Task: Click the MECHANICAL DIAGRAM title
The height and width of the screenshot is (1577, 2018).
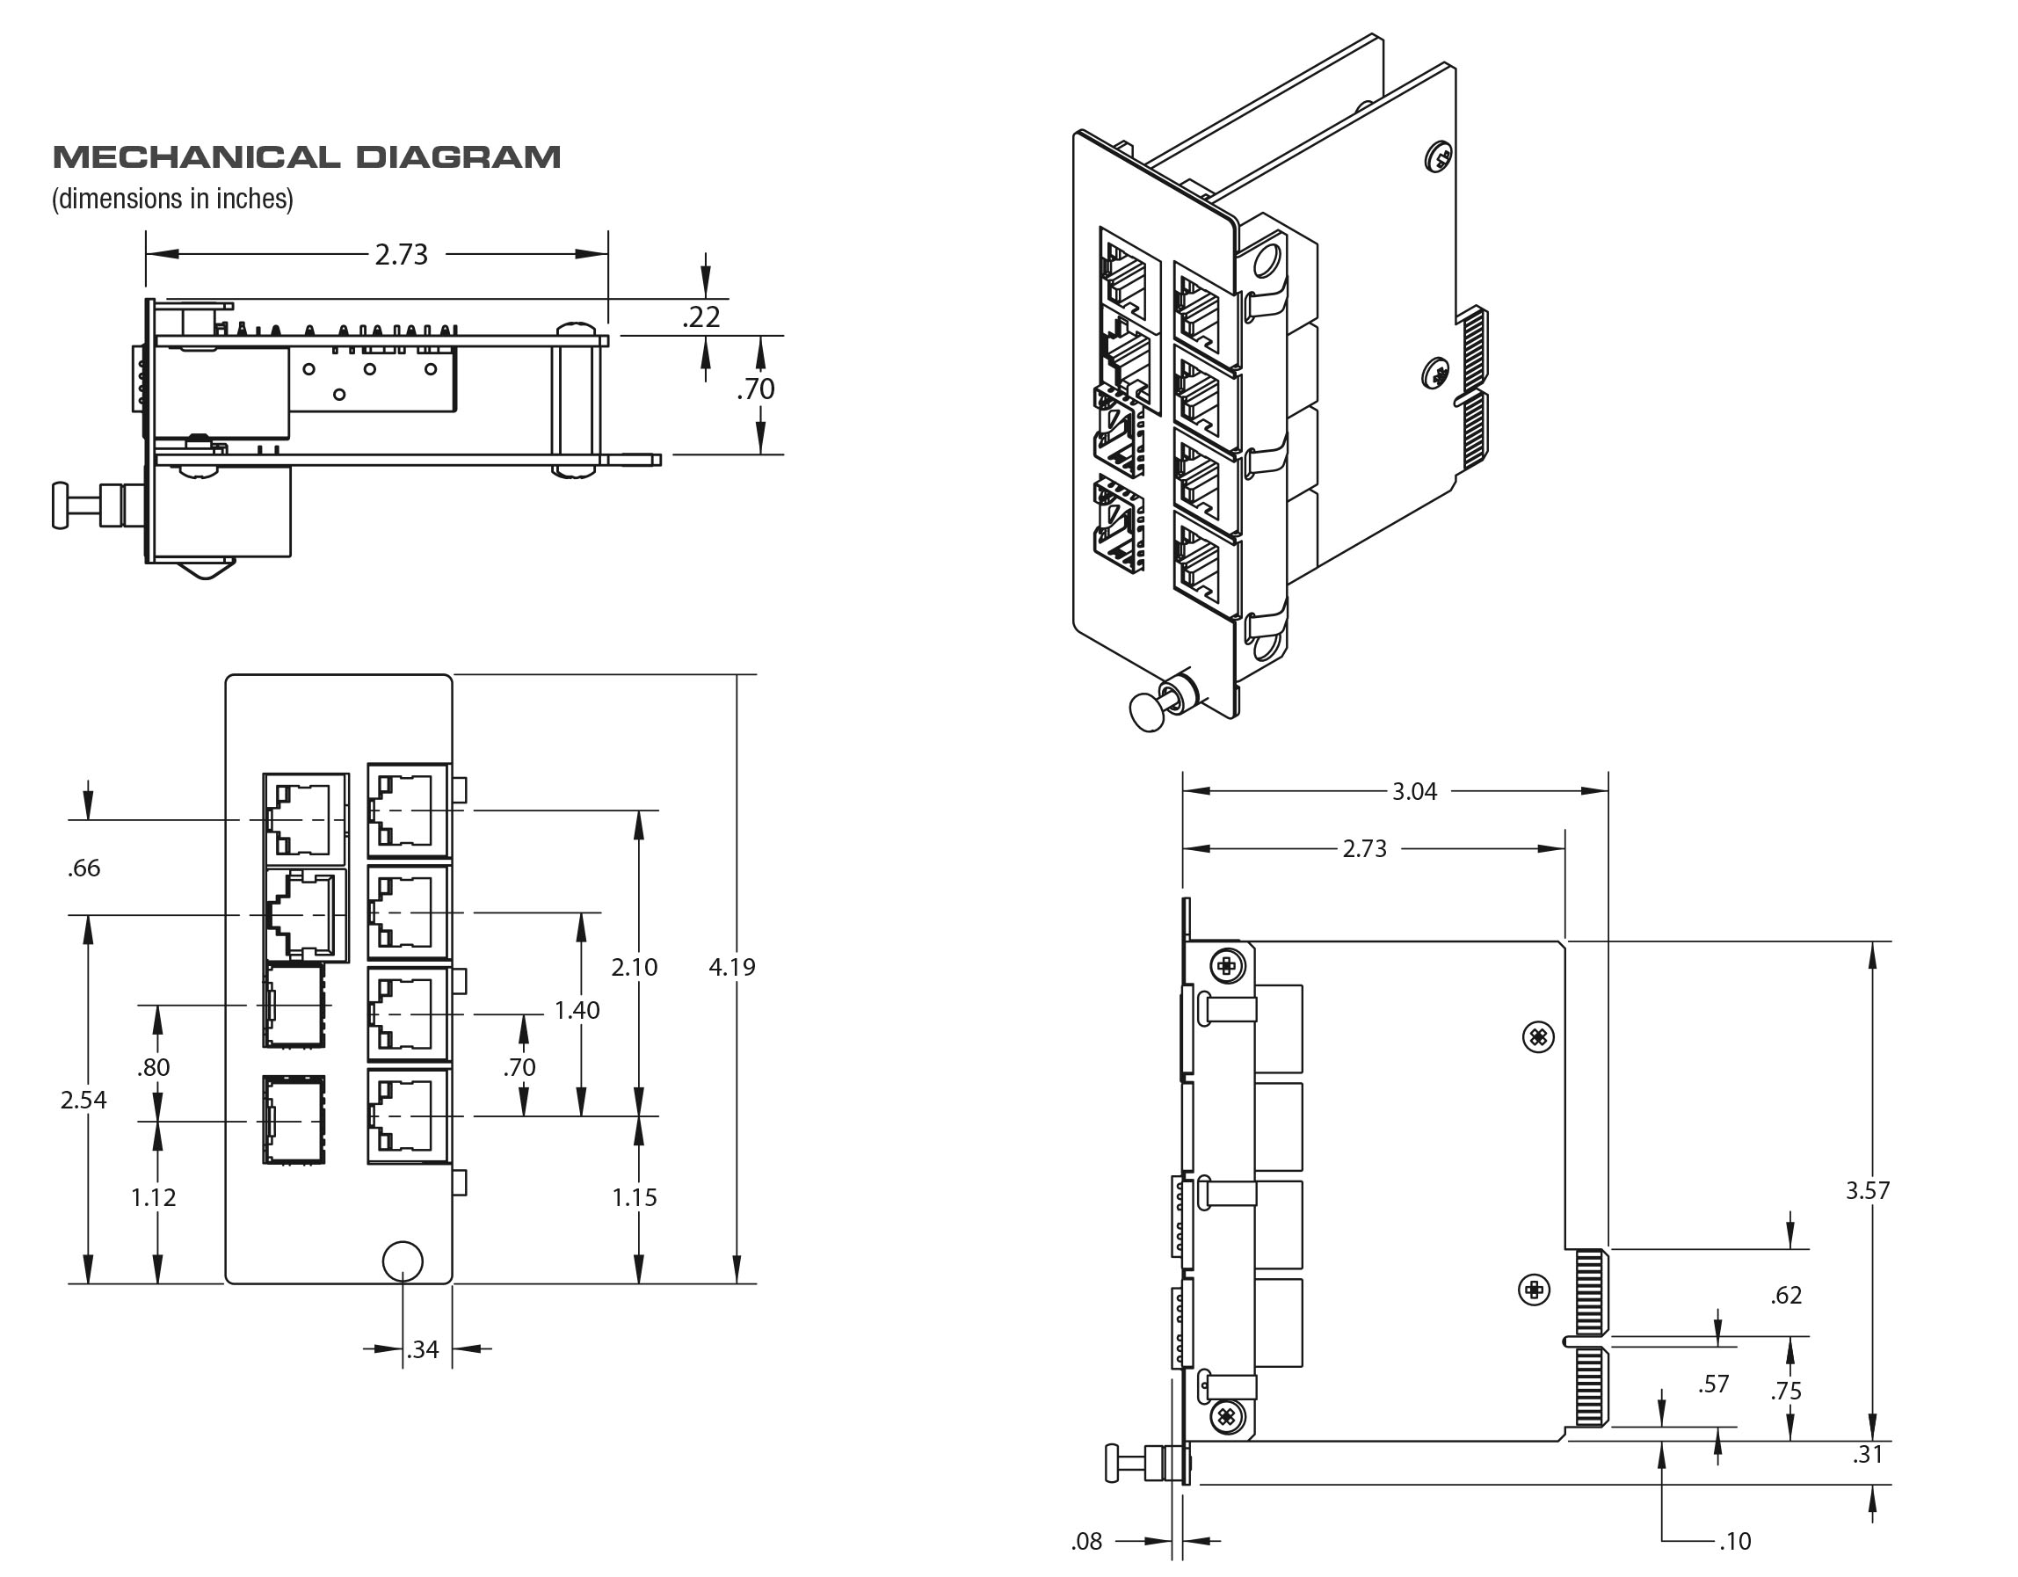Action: (x=307, y=157)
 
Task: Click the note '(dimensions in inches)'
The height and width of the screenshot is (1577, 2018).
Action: (x=173, y=199)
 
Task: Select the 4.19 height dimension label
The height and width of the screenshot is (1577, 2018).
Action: (x=732, y=967)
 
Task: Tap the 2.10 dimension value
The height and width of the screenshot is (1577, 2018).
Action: (x=634, y=967)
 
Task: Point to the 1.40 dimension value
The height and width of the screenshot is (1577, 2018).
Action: (x=577, y=1010)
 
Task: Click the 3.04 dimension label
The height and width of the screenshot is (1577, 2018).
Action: (x=1415, y=791)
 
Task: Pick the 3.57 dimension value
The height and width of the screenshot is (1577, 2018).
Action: (x=1868, y=1190)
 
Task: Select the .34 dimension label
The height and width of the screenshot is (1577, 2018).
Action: (x=422, y=1349)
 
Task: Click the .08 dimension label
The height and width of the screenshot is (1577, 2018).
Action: (x=1086, y=1541)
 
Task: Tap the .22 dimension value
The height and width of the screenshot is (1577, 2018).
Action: (x=701, y=318)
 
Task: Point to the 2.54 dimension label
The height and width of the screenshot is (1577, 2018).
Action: (x=83, y=1100)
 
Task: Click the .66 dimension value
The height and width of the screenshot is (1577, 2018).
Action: (x=83, y=868)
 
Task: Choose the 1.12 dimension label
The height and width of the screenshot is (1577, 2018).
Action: (x=154, y=1198)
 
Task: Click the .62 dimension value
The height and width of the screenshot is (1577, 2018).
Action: (x=1786, y=1295)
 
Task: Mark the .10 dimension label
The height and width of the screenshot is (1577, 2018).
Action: (x=1734, y=1541)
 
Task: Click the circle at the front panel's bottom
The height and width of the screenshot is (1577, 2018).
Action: (x=402, y=1261)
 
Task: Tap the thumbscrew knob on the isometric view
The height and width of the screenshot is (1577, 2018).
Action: (x=1149, y=711)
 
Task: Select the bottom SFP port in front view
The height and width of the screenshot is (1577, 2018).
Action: (x=294, y=1119)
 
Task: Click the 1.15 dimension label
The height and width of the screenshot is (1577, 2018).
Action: (x=634, y=1198)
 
